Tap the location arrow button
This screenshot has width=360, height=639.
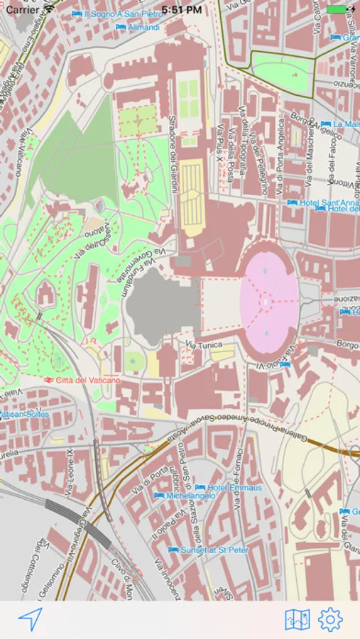click(x=31, y=619)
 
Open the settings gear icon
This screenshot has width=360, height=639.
click(x=330, y=620)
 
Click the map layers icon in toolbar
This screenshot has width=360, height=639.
click(x=298, y=620)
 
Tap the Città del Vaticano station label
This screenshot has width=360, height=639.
click(x=84, y=381)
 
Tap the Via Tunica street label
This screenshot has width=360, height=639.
click(x=204, y=345)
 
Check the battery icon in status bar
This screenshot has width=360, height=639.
click(x=337, y=10)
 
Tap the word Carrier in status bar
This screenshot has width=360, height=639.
click(x=23, y=10)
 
